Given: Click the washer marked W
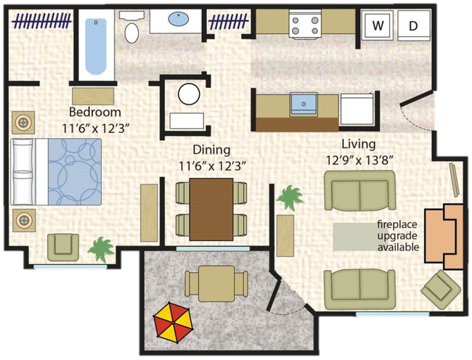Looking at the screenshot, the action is pos(378,25).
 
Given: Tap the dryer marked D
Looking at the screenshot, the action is pos(414,25).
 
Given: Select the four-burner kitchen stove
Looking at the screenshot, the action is pos(305,24).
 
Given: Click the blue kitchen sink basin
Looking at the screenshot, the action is pos(304,104).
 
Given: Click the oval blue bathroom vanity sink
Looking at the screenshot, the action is pos(179,19).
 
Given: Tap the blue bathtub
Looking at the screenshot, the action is pos(96,46).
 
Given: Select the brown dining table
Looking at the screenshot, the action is pos(211,209).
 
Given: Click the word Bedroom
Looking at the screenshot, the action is pos(95,112).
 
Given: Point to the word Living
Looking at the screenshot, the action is pos(359,145).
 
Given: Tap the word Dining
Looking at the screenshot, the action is pos(211,150).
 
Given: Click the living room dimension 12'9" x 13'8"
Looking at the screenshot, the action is pos(359,160).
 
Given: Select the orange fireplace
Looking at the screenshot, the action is pos(444,237).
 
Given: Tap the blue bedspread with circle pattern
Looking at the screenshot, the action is pos(75,172).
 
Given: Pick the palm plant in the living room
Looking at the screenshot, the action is pos(290,197).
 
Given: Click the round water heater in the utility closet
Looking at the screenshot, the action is pos(189,94).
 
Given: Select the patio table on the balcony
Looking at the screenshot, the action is pos(216,284).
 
